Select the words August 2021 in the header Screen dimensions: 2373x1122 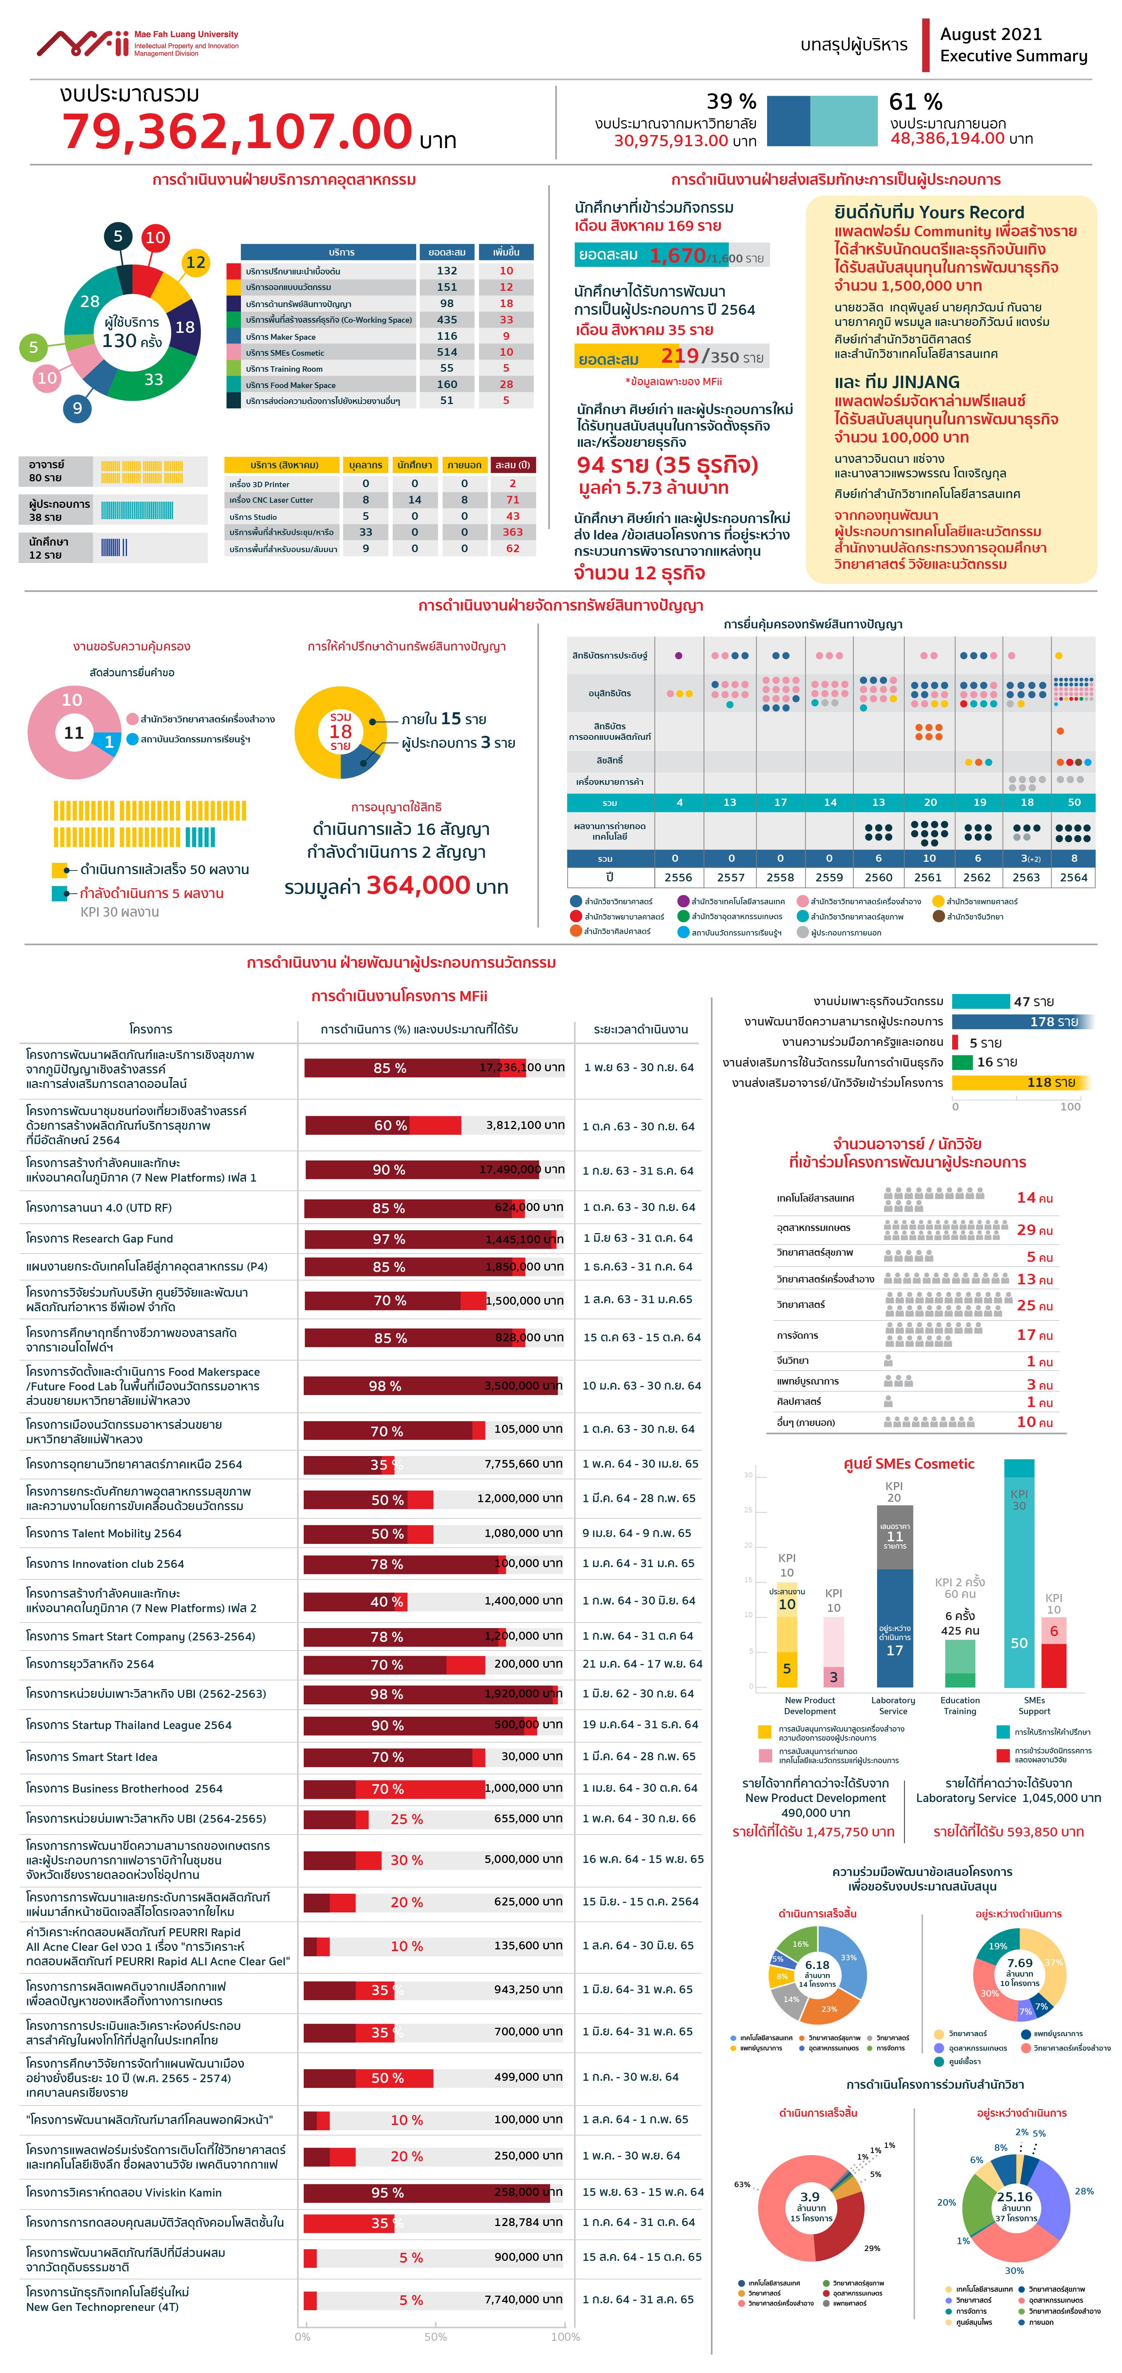click(990, 34)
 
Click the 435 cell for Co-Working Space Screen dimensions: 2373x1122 click(447, 320)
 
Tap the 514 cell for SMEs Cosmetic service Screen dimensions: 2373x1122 click(447, 352)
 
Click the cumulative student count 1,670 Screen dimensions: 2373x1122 click(677, 255)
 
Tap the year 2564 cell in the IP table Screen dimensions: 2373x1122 click(1073, 877)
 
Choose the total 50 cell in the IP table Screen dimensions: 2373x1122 click(1073, 802)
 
